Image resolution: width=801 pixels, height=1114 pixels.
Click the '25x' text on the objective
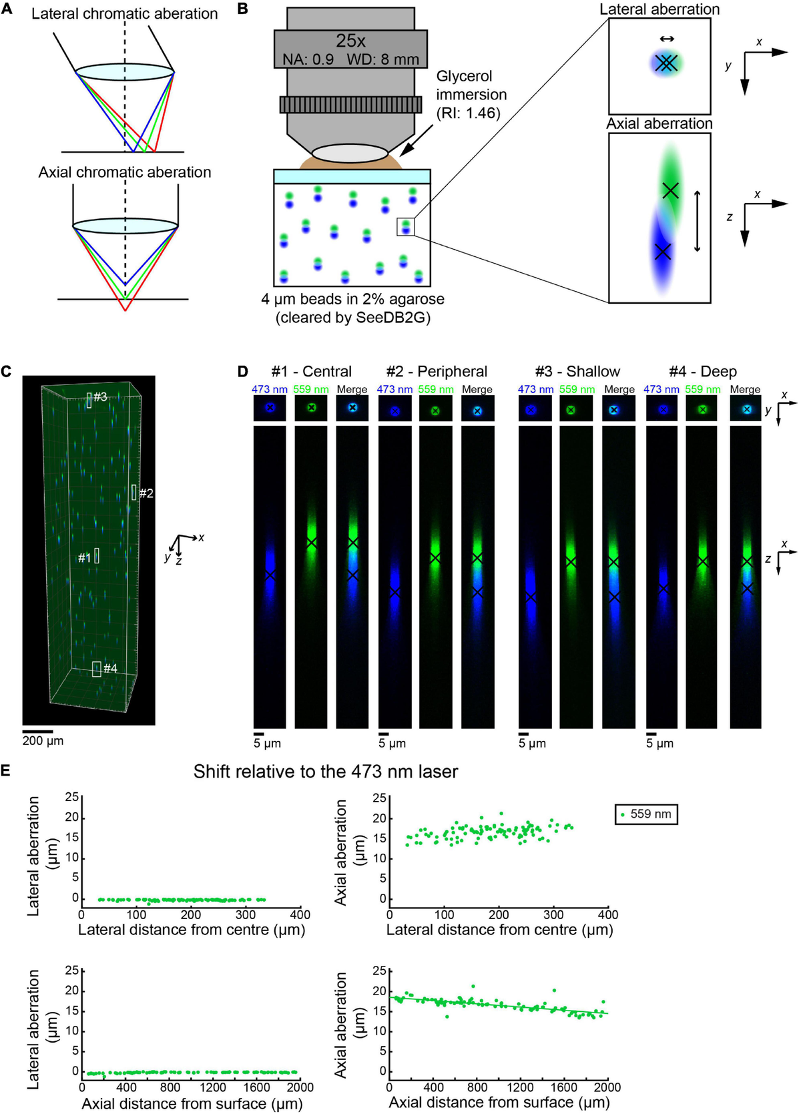(350, 41)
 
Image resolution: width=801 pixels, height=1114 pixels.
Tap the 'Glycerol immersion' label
(471, 85)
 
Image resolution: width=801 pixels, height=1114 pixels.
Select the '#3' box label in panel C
(100, 396)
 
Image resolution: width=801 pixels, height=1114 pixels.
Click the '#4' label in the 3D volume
(110, 668)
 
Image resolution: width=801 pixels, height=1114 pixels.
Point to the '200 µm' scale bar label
(43, 740)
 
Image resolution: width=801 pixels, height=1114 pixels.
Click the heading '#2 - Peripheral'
(437, 371)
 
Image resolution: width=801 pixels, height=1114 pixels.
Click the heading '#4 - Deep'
(702, 371)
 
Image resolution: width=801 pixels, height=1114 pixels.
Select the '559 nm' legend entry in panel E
(645, 814)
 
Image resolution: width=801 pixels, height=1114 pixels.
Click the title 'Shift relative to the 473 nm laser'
(325, 772)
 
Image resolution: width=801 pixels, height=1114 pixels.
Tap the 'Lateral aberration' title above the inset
(659, 9)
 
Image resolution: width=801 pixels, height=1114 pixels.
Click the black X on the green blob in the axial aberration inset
(670, 191)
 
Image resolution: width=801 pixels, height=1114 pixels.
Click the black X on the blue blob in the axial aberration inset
(662, 252)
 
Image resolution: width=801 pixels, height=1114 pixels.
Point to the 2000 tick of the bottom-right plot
(608, 1087)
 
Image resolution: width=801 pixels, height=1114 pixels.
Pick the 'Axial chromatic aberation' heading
(124, 172)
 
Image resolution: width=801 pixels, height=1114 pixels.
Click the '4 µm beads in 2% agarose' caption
(352, 299)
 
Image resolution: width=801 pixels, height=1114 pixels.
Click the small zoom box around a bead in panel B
(406, 227)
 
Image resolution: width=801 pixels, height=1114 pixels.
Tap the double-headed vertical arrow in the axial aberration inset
(698, 221)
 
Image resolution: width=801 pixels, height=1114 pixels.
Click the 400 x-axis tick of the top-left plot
(300, 914)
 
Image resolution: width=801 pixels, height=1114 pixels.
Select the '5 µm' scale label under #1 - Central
(267, 743)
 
